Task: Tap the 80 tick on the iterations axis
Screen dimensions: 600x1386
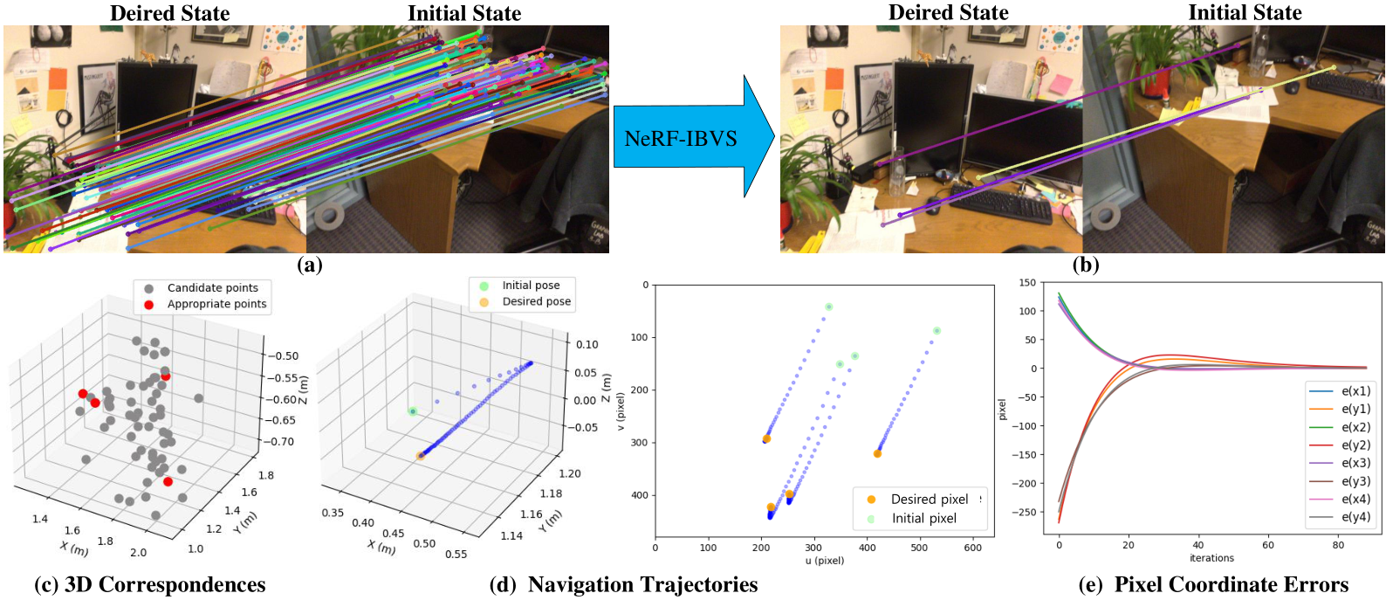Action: [1338, 545]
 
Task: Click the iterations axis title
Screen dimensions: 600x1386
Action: [1211, 558]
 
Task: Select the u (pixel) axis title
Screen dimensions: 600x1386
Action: [825, 561]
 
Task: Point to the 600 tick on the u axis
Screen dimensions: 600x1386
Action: [972, 548]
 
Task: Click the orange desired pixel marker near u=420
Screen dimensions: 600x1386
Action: [877, 453]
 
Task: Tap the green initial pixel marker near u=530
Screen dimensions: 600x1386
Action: [937, 331]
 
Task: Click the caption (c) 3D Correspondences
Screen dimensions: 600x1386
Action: [149, 584]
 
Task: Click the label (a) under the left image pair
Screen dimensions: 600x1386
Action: [309, 265]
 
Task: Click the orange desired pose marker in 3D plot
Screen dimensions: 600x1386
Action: [420, 456]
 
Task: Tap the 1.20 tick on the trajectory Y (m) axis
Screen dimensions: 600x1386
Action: [570, 473]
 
